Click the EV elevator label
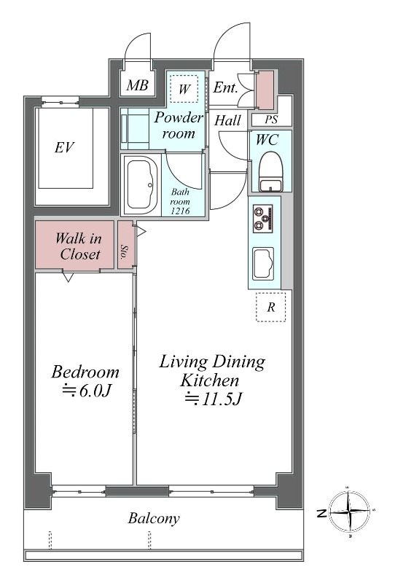click(65, 147)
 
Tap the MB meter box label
click(137, 85)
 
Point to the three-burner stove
click(263, 219)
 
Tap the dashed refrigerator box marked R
click(271, 307)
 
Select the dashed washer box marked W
click(184, 89)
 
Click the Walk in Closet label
click(79, 246)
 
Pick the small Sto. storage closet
click(126, 245)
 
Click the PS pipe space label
click(271, 120)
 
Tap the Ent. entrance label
click(225, 87)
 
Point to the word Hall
click(227, 120)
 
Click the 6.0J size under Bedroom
click(87, 391)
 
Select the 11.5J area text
click(214, 399)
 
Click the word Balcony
click(154, 518)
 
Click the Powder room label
click(179, 125)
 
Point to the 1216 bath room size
click(180, 211)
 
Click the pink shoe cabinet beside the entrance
click(265, 90)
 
